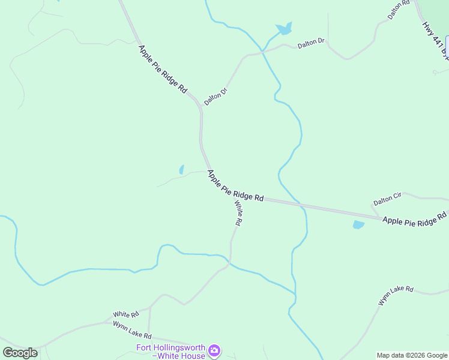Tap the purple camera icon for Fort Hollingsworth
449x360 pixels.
point(214,349)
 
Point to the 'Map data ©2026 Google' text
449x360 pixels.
point(412,355)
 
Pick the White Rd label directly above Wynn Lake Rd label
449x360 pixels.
point(126,314)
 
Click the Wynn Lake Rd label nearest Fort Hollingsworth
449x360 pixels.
point(132,329)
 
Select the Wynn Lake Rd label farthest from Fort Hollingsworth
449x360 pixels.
point(396,296)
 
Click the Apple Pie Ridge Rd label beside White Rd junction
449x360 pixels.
point(236,185)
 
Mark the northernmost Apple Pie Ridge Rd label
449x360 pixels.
point(163,69)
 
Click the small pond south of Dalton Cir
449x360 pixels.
point(358,225)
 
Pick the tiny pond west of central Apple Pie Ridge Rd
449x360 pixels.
point(181,170)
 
